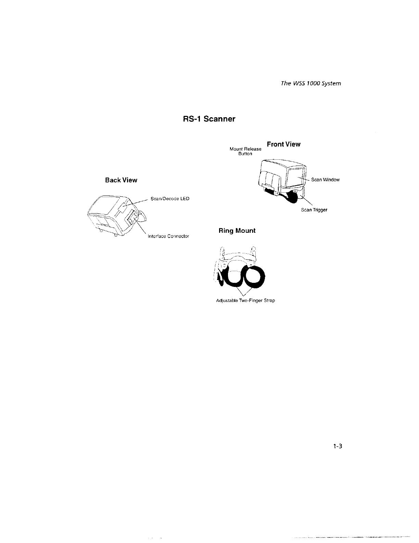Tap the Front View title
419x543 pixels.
(x=283, y=144)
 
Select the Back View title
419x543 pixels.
(x=121, y=180)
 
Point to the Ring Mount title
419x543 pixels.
(x=237, y=231)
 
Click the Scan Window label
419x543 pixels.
(x=325, y=180)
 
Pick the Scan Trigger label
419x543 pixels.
(x=314, y=210)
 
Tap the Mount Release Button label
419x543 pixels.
(x=245, y=152)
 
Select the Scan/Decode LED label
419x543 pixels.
(x=168, y=199)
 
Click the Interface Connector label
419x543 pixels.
(x=168, y=236)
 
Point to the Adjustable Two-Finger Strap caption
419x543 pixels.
(x=245, y=301)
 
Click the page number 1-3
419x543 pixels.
(x=338, y=446)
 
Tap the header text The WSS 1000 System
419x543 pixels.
(x=311, y=84)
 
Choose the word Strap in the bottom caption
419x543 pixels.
(x=269, y=301)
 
